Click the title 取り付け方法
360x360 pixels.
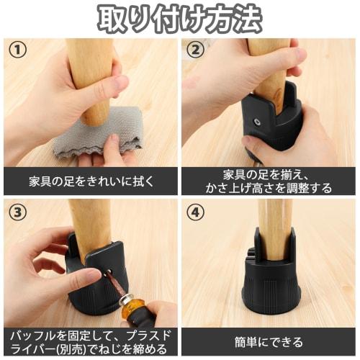click(x=179, y=18)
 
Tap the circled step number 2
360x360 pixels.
click(x=195, y=51)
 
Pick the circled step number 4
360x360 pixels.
click(x=195, y=213)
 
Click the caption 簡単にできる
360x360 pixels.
click(x=269, y=342)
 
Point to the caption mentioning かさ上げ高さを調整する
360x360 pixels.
click(x=269, y=181)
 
